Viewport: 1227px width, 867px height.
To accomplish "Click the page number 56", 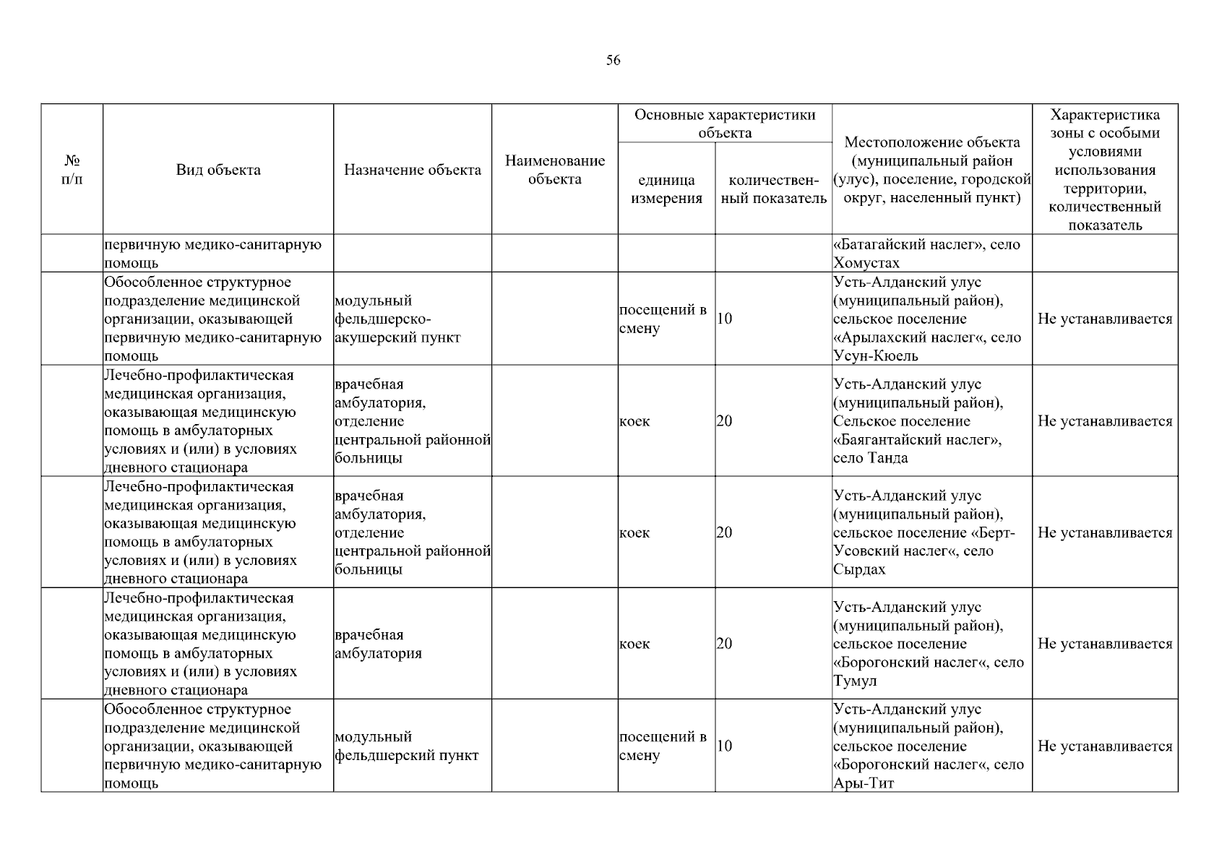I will (x=613, y=61).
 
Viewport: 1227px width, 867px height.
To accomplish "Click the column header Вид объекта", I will (x=218, y=171).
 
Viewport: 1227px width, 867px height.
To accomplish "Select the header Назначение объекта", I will (x=413, y=171).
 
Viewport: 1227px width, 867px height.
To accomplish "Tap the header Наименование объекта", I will (x=555, y=170).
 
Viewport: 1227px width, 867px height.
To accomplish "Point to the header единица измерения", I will (x=666, y=189).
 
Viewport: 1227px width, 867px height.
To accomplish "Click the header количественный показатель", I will (x=774, y=189).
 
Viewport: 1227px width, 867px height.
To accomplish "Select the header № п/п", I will (x=72, y=170).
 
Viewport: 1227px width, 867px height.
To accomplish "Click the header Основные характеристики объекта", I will (x=725, y=124).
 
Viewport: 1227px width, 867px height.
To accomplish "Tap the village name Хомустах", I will (x=866, y=263).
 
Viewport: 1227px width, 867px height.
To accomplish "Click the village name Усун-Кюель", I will (x=876, y=356).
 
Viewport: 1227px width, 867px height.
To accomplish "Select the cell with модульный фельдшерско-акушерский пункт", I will (x=397, y=319).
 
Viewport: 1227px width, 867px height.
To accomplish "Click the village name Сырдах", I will (x=859, y=569).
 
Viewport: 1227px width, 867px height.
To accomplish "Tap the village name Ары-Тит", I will (x=864, y=783).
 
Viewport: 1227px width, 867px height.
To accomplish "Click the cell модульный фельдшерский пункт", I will (x=407, y=746).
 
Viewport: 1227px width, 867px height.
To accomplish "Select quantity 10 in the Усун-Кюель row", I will (x=725, y=319).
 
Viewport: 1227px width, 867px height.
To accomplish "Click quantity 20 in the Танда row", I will (x=725, y=421).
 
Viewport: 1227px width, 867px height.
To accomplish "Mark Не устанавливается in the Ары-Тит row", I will (x=1105, y=746).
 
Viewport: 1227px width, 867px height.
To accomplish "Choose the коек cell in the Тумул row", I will (x=634, y=644).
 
